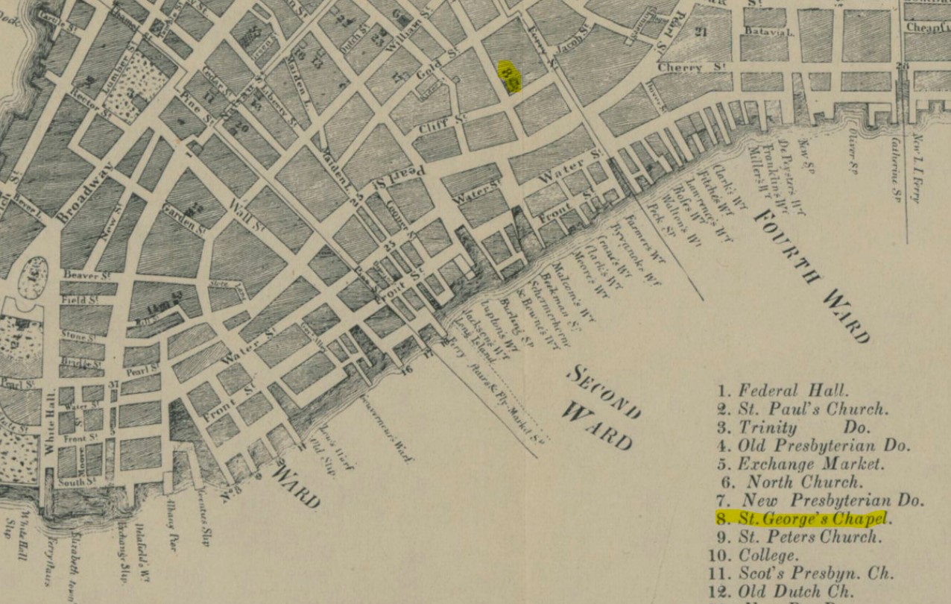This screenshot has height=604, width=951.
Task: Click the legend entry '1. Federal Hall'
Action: point(783,390)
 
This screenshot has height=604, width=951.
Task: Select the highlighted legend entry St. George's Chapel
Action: point(803,518)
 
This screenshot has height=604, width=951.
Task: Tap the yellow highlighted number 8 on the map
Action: point(509,76)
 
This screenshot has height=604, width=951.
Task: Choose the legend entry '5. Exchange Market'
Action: point(800,464)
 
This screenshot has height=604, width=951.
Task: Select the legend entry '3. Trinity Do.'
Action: point(793,427)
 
